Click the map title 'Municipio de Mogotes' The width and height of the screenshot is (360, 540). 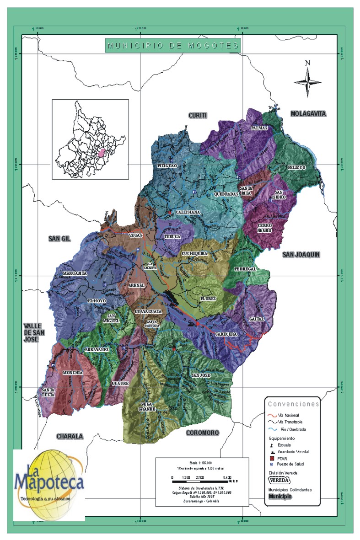coord(173,46)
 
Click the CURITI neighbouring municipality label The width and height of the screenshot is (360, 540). coord(198,115)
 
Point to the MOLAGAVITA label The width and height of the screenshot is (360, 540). coord(308,113)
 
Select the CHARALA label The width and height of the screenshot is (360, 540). coord(70,436)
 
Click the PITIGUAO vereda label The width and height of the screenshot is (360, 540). coord(167,166)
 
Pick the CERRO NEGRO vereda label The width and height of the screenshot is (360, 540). coord(265,228)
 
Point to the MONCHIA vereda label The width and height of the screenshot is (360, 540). coord(73,373)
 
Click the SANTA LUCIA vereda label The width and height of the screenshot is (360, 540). coord(48,392)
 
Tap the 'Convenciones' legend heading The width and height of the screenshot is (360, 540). coord(293,404)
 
